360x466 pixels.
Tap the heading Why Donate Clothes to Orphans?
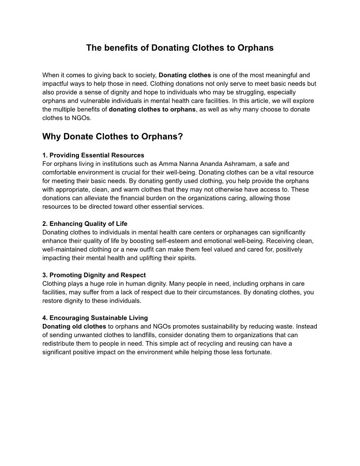[x=112, y=136]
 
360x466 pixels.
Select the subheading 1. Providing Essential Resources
[x=93, y=155]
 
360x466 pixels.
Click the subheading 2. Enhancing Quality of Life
[x=85, y=224]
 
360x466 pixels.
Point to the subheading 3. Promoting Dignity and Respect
[x=94, y=275]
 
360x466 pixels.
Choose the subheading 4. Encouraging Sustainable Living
[x=95, y=318]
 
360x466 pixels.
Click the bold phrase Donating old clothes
[x=74, y=327]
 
